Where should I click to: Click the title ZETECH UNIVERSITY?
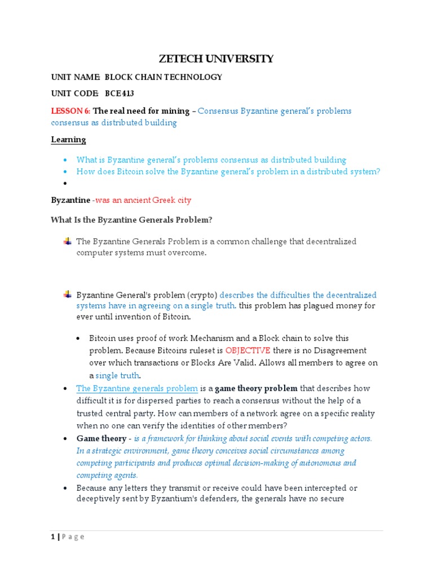[216, 58]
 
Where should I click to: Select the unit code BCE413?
[119, 94]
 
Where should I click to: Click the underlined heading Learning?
[68, 139]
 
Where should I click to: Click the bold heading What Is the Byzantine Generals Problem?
[131, 219]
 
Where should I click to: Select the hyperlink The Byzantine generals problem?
[137, 389]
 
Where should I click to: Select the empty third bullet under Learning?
[65, 183]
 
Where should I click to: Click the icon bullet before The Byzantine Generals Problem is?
[67, 241]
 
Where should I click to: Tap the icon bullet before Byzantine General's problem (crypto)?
[67, 294]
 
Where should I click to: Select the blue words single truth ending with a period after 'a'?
[118, 375]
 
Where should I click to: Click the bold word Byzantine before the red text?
[70, 200]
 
